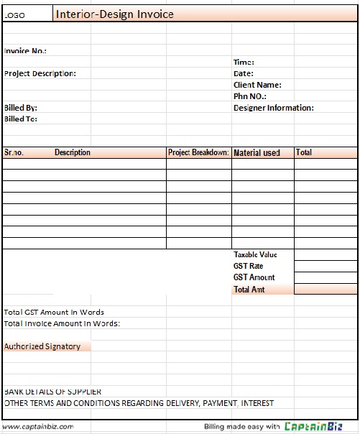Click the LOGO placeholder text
point(15,15)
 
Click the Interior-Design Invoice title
point(114,14)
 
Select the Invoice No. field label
point(26,51)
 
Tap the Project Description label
point(40,73)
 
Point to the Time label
point(244,63)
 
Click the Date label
point(244,73)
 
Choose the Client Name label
point(257,85)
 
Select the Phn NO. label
point(250,96)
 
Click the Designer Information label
point(274,108)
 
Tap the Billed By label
point(21,108)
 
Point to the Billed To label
point(21,119)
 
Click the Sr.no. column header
point(14,152)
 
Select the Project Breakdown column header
point(198,152)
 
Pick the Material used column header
point(257,153)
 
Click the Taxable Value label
point(255,255)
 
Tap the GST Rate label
point(249,267)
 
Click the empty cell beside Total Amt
point(326,290)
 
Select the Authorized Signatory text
point(42,346)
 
